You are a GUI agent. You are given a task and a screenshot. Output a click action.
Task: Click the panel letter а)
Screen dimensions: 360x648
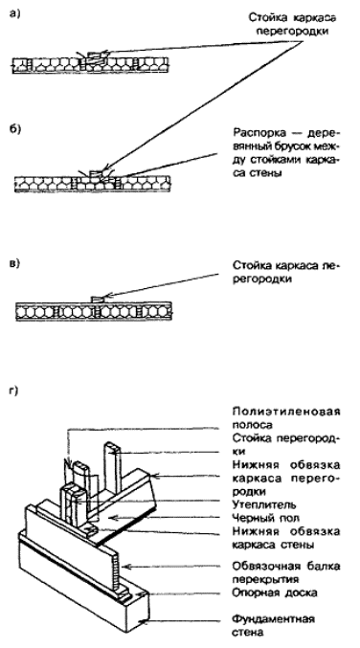[x=14, y=13]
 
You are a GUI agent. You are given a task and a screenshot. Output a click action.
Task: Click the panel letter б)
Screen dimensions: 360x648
[x=14, y=128]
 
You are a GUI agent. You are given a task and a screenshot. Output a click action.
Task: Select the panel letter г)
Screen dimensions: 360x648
[x=13, y=391]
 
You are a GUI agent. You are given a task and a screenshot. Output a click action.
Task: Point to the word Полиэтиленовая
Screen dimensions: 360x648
[x=286, y=412]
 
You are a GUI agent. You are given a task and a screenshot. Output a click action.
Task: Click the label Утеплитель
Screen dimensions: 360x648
[x=264, y=504]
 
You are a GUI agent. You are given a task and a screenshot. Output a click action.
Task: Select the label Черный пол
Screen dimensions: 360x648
[x=265, y=518]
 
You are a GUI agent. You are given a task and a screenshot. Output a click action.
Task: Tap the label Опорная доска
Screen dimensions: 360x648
[x=275, y=592]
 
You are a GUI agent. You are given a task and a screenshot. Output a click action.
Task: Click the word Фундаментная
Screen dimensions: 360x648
[x=273, y=619]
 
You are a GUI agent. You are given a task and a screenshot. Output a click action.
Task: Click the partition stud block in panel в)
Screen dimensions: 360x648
[x=97, y=299]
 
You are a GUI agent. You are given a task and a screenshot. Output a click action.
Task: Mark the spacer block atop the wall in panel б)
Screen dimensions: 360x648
[x=95, y=173]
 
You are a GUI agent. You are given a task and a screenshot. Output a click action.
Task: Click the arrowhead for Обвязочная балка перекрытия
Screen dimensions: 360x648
[x=127, y=567]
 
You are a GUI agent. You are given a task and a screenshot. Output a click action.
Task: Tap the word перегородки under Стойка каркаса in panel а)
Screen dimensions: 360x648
[x=292, y=32]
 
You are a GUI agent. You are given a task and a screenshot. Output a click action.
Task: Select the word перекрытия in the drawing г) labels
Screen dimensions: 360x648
[x=265, y=579]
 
